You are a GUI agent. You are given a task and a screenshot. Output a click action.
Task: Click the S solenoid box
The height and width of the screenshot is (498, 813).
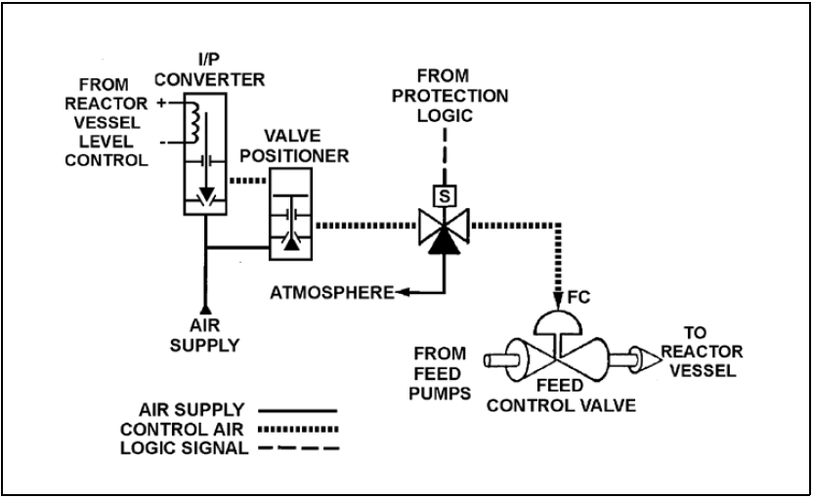click(x=444, y=196)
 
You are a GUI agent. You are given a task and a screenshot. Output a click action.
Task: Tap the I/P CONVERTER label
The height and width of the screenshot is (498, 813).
click(x=209, y=69)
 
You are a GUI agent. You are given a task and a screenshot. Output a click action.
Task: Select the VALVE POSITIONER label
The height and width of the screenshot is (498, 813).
click(x=294, y=145)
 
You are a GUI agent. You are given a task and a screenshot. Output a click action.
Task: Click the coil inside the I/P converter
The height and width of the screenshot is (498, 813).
click(x=193, y=122)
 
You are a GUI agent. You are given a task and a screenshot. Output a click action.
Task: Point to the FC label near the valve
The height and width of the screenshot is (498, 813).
click(x=578, y=298)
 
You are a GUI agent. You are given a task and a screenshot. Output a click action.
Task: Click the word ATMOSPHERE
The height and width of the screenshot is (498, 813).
click(x=332, y=293)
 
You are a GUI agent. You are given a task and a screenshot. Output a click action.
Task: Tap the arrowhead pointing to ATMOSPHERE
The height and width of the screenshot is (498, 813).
click(x=403, y=293)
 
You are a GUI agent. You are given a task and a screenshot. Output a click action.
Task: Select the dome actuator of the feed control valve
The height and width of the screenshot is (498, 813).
click(x=558, y=322)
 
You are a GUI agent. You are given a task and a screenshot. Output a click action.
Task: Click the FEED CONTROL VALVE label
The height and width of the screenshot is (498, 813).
click(x=561, y=395)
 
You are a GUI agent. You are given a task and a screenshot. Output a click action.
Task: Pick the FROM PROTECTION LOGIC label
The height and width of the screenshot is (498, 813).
click(x=449, y=96)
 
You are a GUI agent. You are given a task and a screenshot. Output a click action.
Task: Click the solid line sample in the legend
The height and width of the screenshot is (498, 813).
click(x=298, y=410)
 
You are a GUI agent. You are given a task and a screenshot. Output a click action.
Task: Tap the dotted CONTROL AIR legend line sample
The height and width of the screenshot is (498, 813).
click(x=298, y=429)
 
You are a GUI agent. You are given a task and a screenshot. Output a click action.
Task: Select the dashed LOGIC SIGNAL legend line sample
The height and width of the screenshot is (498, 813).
click(x=299, y=448)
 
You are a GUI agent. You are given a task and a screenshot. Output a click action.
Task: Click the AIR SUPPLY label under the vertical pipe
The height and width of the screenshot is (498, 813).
click(x=205, y=335)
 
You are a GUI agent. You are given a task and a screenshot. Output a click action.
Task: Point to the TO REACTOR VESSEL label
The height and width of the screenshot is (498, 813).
click(x=703, y=352)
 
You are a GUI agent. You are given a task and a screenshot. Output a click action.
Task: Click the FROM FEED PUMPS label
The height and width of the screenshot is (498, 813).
click(x=440, y=374)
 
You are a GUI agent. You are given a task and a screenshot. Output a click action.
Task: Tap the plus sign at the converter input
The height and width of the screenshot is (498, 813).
click(x=162, y=104)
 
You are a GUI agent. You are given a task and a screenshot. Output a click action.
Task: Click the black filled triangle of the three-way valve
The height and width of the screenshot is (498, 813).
click(x=444, y=241)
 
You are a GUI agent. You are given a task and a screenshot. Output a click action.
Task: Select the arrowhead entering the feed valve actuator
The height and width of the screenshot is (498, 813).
click(x=558, y=301)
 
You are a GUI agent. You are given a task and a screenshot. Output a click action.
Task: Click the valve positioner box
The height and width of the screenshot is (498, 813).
click(x=290, y=214)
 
